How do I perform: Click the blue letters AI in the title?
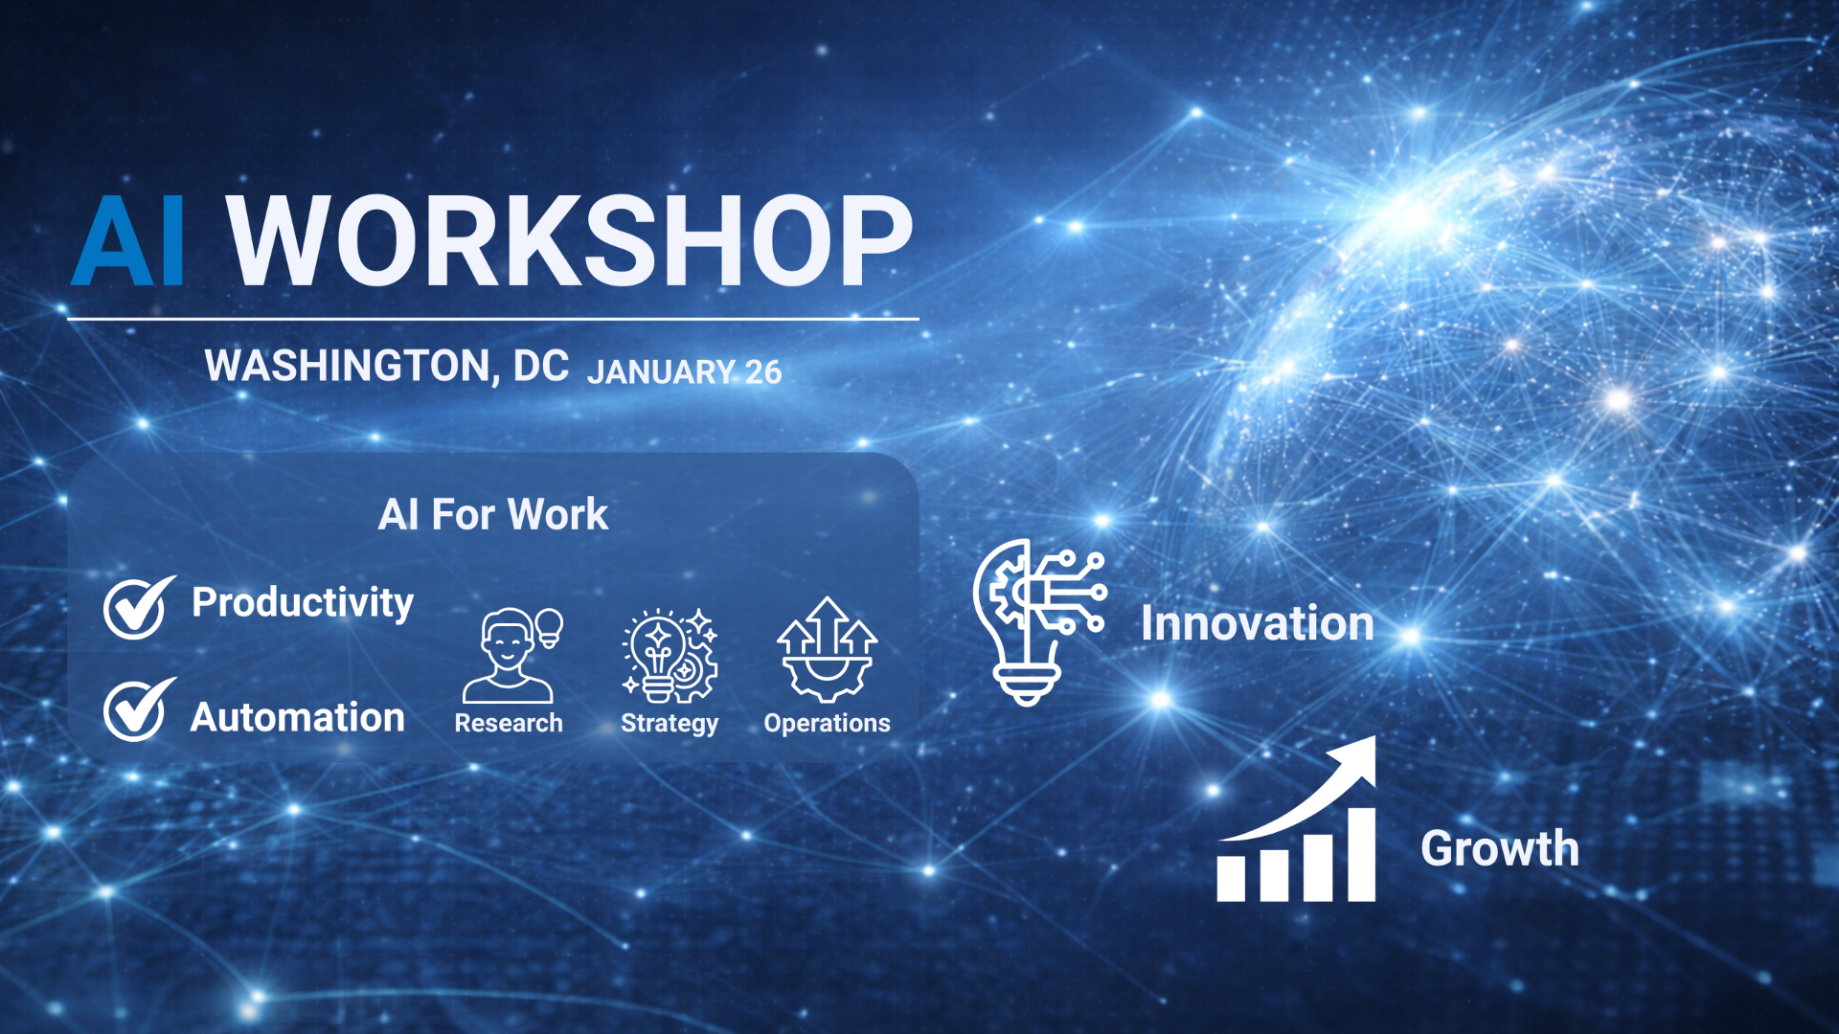[128, 241]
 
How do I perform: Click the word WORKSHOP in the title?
[570, 241]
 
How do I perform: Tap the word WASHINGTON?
[351, 367]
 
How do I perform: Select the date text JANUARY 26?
[685, 371]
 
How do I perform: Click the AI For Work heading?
[493, 514]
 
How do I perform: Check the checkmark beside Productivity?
[140, 607]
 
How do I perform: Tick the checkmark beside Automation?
[140, 709]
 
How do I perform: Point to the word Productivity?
[303, 603]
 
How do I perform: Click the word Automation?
[298, 717]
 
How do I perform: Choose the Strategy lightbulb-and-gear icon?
[670, 656]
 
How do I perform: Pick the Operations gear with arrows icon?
[828, 650]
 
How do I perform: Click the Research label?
[509, 723]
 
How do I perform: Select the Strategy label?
[670, 724]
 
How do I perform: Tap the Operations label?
[828, 724]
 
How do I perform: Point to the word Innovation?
[1258, 623]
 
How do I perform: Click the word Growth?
[1500, 848]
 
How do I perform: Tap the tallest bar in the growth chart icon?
[1361, 855]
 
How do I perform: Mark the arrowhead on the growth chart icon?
[1358, 756]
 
